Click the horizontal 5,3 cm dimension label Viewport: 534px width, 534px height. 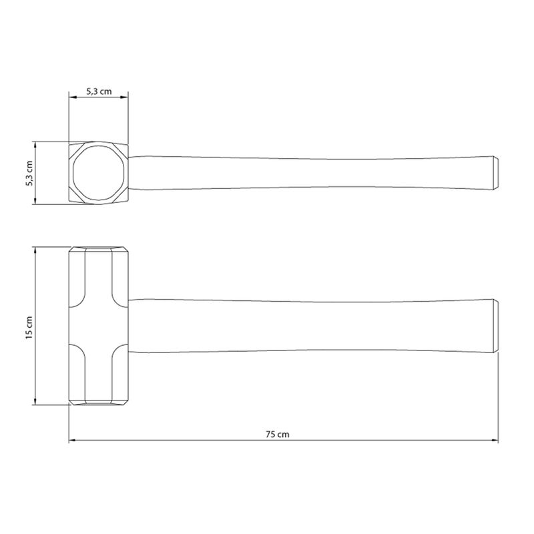pyautogui.click(x=99, y=91)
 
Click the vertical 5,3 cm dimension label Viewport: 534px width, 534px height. pyautogui.click(x=29, y=173)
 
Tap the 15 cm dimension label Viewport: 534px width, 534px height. pyautogui.click(x=29, y=328)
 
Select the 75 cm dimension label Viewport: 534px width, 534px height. pyautogui.click(x=277, y=435)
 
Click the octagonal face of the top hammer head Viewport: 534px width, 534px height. pyautogui.click(x=98, y=173)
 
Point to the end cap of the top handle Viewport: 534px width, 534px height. pyautogui.click(x=496, y=173)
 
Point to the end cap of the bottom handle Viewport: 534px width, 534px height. pyautogui.click(x=496, y=326)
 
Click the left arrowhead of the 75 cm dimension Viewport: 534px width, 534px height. pyautogui.click(x=72, y=441)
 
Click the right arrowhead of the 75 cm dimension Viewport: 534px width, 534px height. pyautogui.click(x=495, y=441)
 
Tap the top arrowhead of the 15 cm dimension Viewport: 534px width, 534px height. pyautogui.click(x=35, y=250)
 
